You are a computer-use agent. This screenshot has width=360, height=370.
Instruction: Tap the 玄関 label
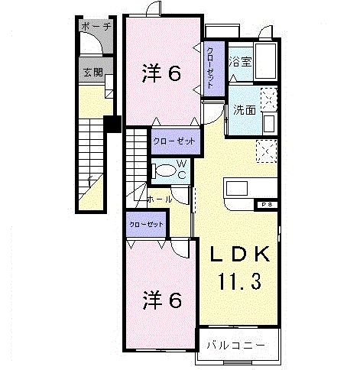pyautogui.click(x=93, y=74)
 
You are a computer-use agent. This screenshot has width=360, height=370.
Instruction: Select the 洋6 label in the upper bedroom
pyautogui.click(x=161, y=74)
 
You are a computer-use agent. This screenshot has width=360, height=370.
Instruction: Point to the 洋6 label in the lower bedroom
pyautogui.click(x=161, y=300)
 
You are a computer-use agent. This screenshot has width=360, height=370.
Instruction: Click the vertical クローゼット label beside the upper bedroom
pyautogui.click(x=211, y=66)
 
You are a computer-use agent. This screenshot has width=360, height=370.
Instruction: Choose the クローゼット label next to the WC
pyautogui.click(x=174, y=141)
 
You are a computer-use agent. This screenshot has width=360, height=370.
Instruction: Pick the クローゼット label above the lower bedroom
pyautogui.click(x=146, y=225)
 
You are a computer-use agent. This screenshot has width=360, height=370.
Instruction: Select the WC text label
pyautogui.click(x=183, y=169)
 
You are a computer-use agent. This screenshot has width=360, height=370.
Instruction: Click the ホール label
pyautogui.click(x=159, y=199)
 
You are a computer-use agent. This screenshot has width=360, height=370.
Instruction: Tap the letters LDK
pyautogui.click(x=235, y=253)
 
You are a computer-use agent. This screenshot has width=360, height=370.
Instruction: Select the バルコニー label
pyautogui.click(x=236, y=346)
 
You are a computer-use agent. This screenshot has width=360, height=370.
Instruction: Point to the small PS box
pyautogui.click(x=265, y=204)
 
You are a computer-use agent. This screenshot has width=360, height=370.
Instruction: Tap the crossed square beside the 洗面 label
pyautogui.click(x=268, y=97)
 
